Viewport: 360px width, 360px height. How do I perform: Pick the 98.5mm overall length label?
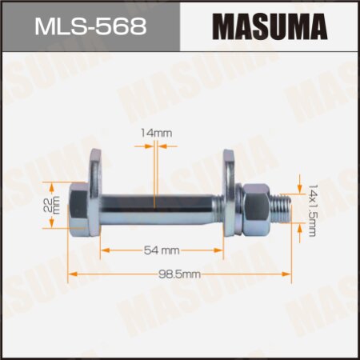(x=180, y=274)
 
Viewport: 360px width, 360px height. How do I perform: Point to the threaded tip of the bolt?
(x=282, y=206)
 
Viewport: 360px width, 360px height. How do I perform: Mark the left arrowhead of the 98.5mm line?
(x=72, y=274)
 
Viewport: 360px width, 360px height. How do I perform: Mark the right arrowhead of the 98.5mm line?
(x=289, y=274)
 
